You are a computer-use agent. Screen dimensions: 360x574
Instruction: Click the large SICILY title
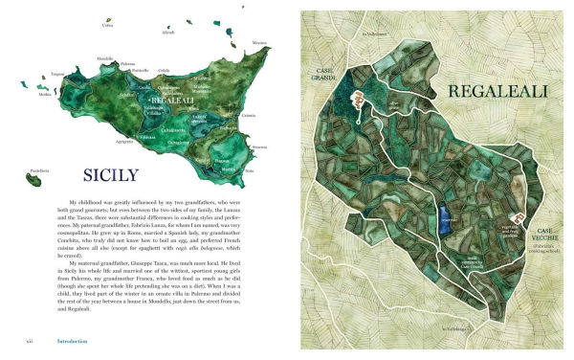click(118, 175)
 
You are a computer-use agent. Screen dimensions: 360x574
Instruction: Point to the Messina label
click(259, 44)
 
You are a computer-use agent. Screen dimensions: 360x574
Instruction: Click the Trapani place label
click(56, 74)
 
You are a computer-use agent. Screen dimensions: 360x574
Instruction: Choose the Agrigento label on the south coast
click(124, 141)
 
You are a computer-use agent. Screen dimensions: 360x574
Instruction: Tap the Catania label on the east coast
click(249, 116)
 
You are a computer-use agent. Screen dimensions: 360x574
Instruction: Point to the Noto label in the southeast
click(250, 169)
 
